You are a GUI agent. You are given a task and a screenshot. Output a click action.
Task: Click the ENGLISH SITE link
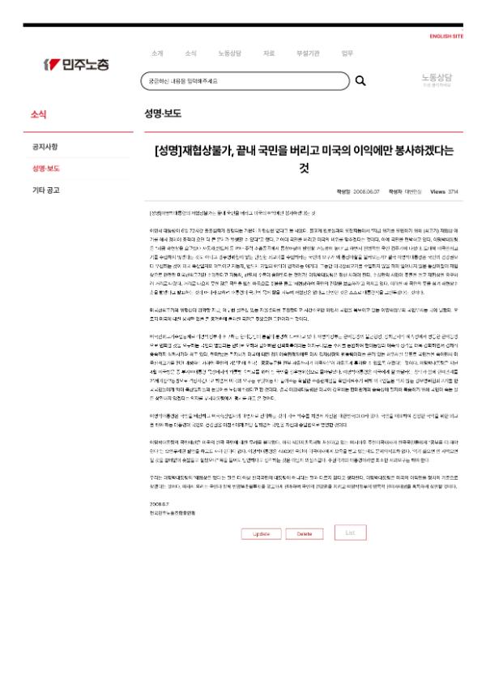coord(446,36)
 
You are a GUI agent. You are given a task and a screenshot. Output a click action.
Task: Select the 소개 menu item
coord(156,53)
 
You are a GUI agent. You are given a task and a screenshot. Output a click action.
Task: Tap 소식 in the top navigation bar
coord(190,53)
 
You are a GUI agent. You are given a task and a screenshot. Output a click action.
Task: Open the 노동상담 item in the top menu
coord(229,53)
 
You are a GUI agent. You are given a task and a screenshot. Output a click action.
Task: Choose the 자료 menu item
coord(269,53)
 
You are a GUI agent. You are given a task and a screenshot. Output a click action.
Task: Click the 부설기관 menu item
coord(308,53)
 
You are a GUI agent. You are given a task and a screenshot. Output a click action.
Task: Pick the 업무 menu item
coord(347,53)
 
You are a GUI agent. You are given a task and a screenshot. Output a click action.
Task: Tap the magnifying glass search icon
coord(361,81)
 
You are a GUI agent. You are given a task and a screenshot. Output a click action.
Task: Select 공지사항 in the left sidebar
coord(45,147)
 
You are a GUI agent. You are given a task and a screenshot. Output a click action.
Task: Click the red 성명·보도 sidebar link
coord(46,169)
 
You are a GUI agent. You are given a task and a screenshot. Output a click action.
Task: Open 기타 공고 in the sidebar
coord(45,190)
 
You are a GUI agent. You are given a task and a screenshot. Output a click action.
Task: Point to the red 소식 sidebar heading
coord(39,114)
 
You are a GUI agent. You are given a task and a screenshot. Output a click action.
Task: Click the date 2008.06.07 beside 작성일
coord(366,191)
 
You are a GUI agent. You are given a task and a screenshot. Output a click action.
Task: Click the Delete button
coord(305,534)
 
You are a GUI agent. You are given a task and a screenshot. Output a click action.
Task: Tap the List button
coord(350,533)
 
